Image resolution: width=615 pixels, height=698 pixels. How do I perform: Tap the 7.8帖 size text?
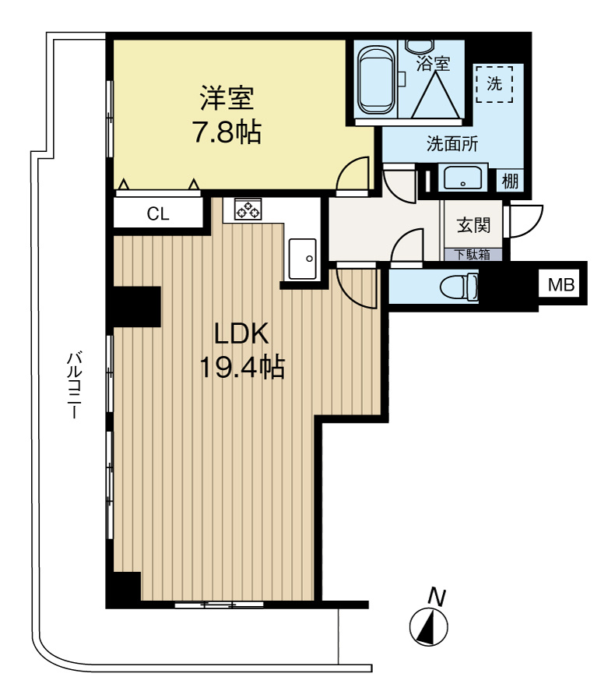tap(227, 133)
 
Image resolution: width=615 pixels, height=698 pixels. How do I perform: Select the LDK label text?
tap(241, 333)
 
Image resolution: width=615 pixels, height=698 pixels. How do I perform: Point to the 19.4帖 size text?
tap(241, 365)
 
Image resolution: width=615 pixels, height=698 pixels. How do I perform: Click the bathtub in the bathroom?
tap(377, 82)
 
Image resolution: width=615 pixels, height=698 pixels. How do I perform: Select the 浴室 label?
tap(433, 63)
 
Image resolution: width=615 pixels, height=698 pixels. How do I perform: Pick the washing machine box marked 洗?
tap(494, 84)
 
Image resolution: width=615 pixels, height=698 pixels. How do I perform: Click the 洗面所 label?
tap(452, 143)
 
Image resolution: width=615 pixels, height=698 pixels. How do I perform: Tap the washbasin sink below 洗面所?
tap(465, 179)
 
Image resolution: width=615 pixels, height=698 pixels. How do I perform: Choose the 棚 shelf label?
tap(510, 182)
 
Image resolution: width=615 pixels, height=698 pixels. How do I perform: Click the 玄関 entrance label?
tap(473, 226)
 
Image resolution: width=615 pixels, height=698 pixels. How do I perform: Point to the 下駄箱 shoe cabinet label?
tap(473, 254)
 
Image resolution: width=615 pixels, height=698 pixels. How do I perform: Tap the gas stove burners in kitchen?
tap(248, 209)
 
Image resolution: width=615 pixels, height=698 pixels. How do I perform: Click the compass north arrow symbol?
tap(427, 627)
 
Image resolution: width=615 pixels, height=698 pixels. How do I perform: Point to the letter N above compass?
tap(437, 598)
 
